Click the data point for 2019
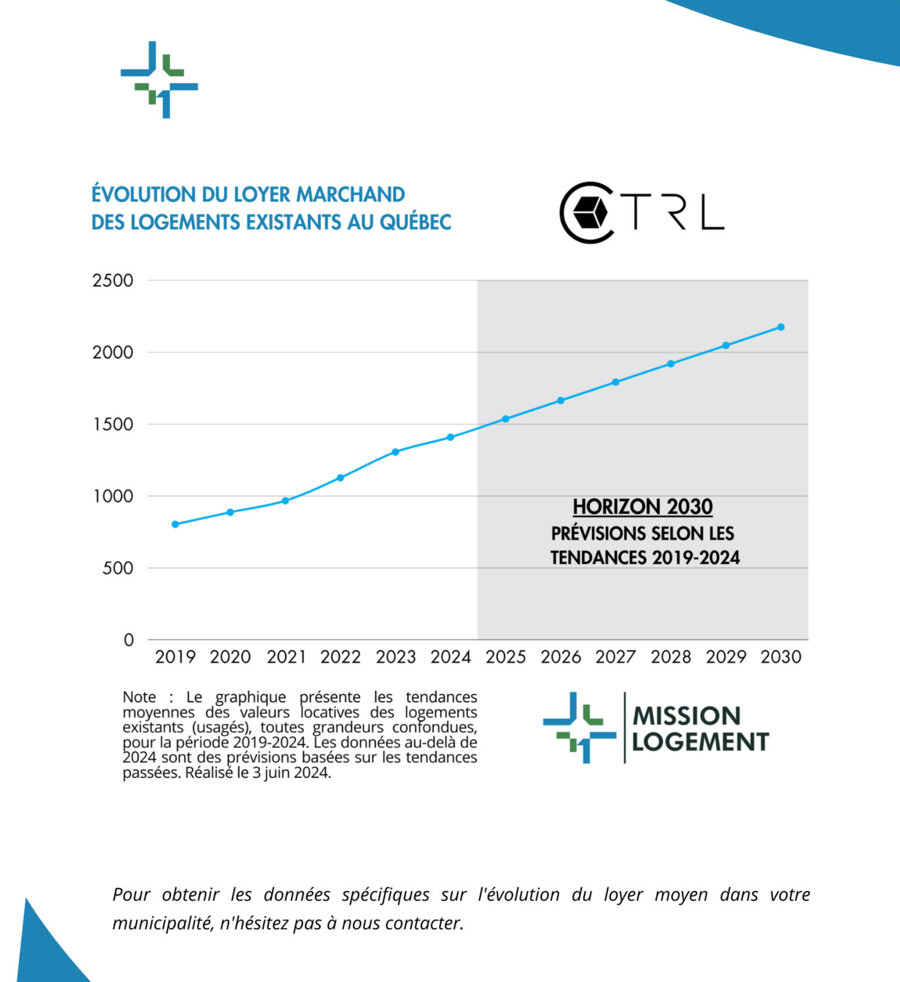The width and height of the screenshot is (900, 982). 175,524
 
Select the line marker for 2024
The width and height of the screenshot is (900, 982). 451,437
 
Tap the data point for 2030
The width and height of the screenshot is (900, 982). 781,327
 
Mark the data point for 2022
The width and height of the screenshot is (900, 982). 340,478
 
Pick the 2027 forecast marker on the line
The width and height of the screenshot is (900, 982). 616,383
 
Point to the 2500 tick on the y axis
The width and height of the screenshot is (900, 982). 113,280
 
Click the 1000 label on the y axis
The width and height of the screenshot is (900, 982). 113,496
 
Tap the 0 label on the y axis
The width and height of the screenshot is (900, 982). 129,640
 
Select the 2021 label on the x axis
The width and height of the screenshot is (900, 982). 286,657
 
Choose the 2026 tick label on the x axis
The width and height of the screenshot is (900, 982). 561,657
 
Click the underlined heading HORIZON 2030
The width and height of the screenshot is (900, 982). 642,507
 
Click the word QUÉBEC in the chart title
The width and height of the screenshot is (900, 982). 416,222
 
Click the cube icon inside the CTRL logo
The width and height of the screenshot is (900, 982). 589,212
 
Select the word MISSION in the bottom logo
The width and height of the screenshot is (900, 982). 687,716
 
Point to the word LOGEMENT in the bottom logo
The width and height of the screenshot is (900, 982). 701,742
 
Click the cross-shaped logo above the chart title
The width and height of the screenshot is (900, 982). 159,80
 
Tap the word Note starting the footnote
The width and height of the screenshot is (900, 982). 139,697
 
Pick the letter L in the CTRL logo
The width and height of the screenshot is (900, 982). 712,212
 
